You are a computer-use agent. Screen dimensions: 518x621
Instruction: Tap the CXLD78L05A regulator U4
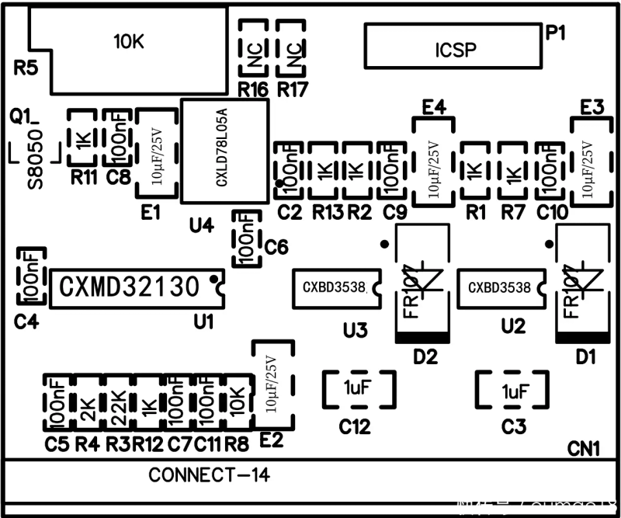pyautogui.click(x=224, y=151)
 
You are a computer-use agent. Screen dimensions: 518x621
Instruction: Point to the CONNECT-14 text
pyautogui.click(x=209, y=475)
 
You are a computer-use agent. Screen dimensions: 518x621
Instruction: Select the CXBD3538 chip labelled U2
pyautogui.click(x=500, y=287)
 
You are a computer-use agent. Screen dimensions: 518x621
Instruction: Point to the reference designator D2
pyautogui.click(x=425, y=358)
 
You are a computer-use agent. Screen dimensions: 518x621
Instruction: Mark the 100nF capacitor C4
pyautogui.click(x=31, y=276)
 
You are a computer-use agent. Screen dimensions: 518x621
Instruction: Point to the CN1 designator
pyautogui.click(x=584, y=449)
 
